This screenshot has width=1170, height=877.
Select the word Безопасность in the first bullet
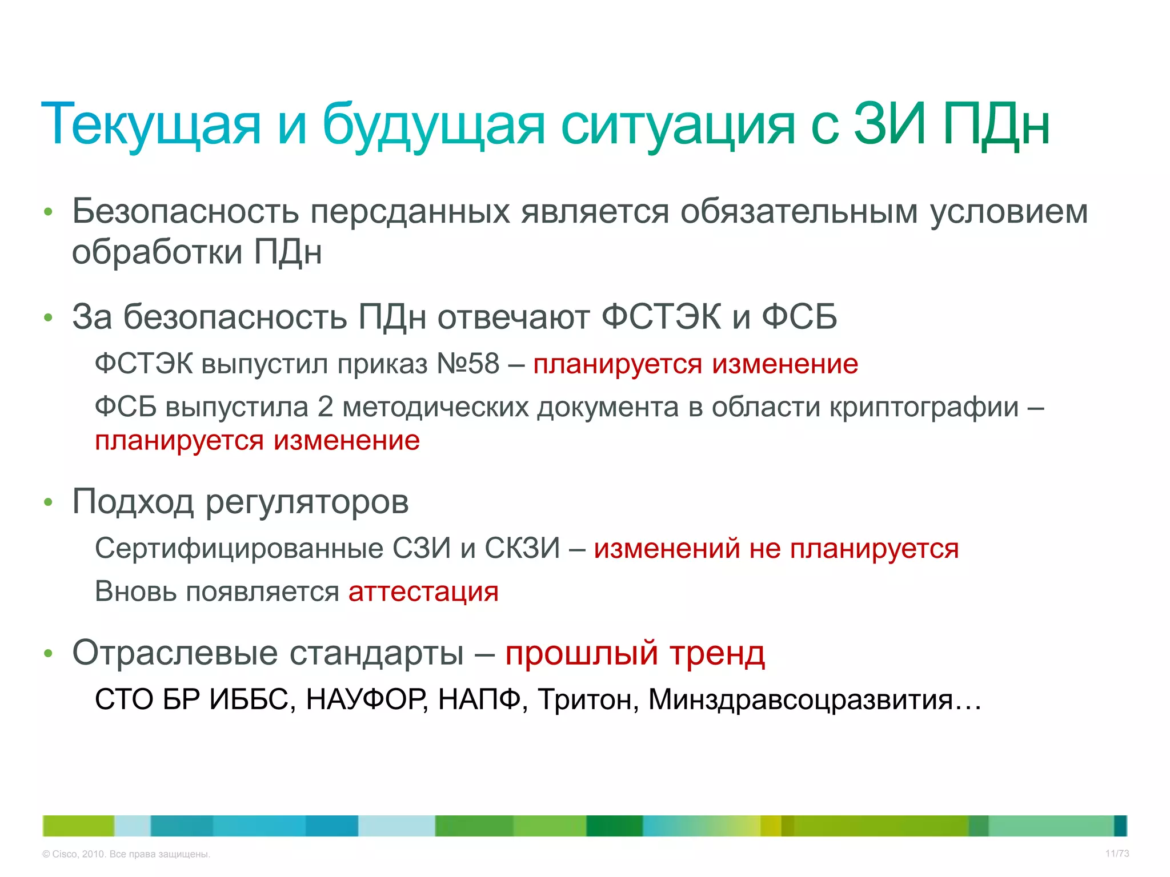tap(185, 211)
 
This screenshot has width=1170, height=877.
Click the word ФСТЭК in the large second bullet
tap(662, 317)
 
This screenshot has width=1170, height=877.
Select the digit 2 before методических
tap(324, 407)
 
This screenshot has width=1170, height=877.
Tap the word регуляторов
tap(307, 502)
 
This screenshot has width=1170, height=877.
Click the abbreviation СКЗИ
tap(522, 548)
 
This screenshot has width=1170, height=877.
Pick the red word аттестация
tap(423, 592)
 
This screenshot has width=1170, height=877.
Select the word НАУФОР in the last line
tap(366, 699)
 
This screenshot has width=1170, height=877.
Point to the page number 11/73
tap(1117, 854)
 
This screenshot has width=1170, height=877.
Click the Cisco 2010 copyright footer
tap(126, 854)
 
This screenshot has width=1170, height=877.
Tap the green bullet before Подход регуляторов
tap(49, 502)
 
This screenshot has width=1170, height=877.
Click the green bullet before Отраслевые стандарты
tap(49, 653)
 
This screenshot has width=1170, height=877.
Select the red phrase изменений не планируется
tap(776, 548)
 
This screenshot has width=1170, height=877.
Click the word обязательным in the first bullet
tap(799, 211)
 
